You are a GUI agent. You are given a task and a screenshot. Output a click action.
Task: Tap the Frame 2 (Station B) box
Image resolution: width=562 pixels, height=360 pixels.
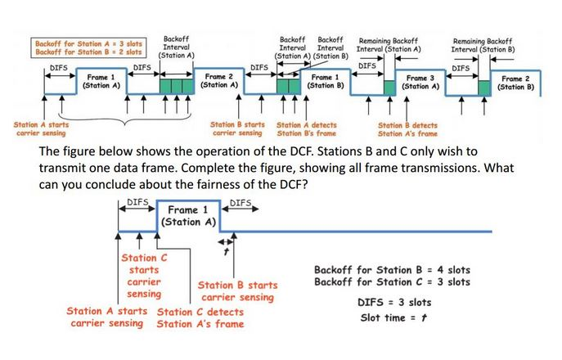click(516, 82)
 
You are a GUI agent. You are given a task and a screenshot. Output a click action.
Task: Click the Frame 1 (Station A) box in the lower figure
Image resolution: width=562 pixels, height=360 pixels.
click(188, 214)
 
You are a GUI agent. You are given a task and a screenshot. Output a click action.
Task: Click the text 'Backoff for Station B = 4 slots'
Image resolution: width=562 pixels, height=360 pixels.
click(392, 269)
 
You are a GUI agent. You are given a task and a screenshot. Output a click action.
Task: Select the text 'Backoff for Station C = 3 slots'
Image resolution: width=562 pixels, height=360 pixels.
click(392, 282)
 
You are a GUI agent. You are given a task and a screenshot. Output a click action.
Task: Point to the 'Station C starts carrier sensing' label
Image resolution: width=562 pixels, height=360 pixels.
click(145, 276)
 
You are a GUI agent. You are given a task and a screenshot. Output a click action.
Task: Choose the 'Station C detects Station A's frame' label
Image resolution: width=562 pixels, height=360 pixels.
click(200, 317)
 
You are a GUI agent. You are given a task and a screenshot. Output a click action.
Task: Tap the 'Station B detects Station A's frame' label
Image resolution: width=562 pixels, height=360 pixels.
click(407, 129)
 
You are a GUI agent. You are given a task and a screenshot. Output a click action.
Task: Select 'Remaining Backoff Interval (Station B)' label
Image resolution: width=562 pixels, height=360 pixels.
click(483, 44)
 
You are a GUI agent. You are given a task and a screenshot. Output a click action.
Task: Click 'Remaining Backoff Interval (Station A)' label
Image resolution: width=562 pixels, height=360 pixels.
click(389, 44)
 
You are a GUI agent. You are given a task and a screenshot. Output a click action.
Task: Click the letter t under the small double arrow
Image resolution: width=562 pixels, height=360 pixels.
click(225, 253)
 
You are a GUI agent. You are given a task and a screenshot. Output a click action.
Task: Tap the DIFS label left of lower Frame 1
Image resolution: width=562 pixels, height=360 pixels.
click(137, 202)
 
